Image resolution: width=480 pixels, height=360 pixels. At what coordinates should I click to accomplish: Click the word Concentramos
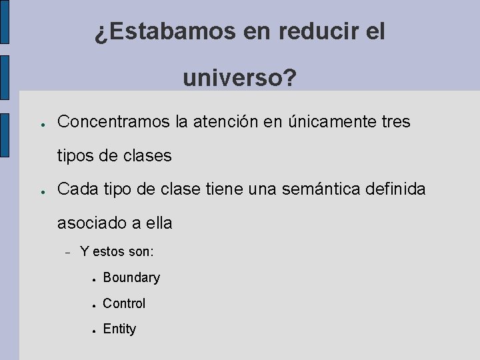point(113,122)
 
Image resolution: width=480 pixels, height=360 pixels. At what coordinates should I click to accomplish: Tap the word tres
point(396,122)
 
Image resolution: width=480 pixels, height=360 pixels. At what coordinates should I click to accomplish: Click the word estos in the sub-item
point(109,252)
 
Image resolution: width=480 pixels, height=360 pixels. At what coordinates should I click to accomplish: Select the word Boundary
point(131,277)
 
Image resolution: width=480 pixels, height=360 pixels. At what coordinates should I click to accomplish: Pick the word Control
point(124,303)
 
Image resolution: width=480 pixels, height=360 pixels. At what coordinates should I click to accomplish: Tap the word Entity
point(119,329)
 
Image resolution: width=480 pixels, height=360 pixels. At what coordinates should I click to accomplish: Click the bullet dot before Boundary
point(96,279)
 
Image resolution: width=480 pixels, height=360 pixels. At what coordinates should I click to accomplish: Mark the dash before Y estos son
point(68,253)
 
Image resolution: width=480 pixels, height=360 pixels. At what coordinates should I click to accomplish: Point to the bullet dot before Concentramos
point(41,124)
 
